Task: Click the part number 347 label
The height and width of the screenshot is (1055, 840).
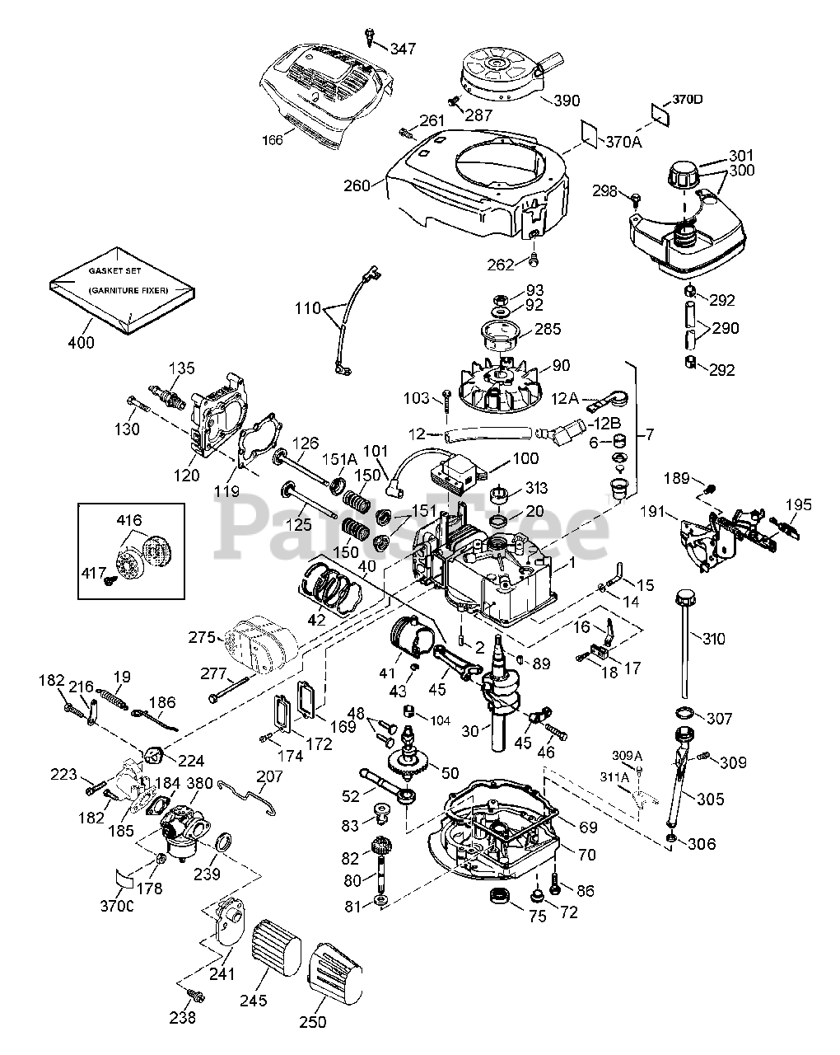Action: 404,49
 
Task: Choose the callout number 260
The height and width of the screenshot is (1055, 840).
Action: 357,185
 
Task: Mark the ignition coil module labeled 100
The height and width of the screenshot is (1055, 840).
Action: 453,476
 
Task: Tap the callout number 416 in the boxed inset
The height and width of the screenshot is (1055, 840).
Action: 129,520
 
